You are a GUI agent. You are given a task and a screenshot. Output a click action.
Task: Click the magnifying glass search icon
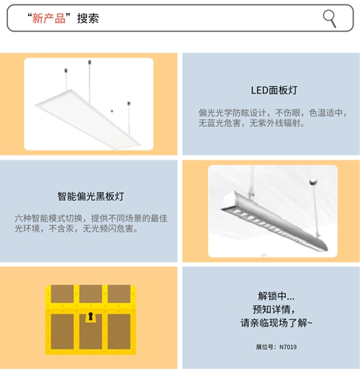click(x=329, y=18)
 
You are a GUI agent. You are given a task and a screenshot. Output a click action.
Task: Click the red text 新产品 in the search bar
click(x=49, y=18)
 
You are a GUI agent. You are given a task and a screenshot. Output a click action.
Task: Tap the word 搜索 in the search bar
click(x=88, y=18)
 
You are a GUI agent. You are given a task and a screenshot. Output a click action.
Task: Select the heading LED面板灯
click(x=274, y=91)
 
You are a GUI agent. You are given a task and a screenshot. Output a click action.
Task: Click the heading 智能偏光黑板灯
click(x=91, y=196)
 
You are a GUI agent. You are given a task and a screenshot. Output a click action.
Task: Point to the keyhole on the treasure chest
click(x=91, y=316)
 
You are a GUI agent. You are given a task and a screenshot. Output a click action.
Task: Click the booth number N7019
click(x=288, y=347)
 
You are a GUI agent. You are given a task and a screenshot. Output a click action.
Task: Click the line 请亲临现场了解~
click(x=276, y=323)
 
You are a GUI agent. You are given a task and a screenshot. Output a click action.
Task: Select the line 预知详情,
click(x=274, y=309)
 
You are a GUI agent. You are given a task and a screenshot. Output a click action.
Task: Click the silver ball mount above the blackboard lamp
click(x=313, y=181)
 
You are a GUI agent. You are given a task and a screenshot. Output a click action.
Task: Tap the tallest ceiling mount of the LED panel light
click(x=89, y=62)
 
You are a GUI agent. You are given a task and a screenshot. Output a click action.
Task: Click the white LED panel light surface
click(x=88, y=119)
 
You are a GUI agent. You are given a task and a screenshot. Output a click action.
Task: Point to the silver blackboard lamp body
click(x=274, y=221)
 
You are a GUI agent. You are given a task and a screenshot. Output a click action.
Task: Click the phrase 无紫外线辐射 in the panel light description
click(x=275, y=123)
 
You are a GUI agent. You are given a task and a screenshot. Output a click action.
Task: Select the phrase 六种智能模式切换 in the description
click(x=49, y=218)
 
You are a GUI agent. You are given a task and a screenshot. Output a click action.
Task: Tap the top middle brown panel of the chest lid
click(x=91, y=294)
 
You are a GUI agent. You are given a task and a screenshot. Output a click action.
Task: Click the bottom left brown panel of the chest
click(x=62, y=332)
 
